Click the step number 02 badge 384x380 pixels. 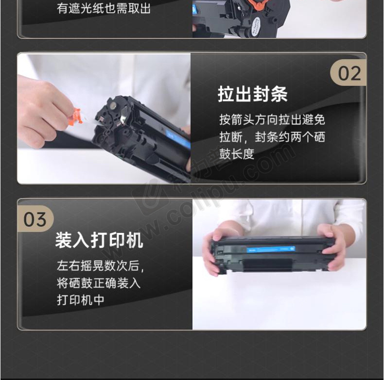348,73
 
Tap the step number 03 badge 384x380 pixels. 35,219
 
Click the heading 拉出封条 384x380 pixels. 252,94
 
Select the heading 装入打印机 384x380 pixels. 99,240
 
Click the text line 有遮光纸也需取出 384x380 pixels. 104,8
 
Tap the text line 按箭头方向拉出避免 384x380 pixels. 272,120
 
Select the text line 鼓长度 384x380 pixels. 237,154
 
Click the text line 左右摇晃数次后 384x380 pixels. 100,265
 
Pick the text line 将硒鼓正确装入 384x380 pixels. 99,283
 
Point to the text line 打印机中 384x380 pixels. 81,300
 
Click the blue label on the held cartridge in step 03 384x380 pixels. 271,249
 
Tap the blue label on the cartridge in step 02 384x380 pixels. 178,139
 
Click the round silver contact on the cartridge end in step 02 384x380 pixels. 113,105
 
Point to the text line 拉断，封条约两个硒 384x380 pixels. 272,137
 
